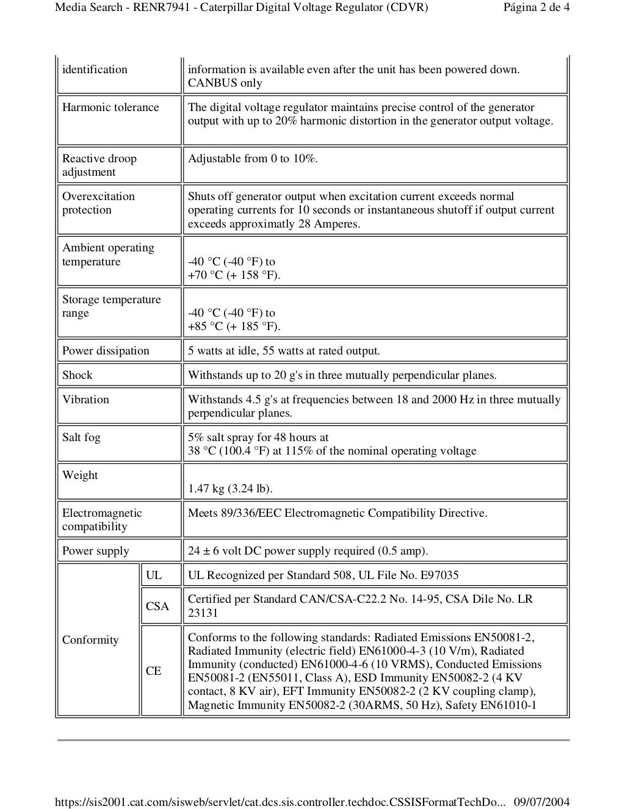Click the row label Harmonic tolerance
click(110, 107)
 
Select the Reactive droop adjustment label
click(99, 165)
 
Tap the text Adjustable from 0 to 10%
click(253, 159)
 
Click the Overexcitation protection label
click(98, 203)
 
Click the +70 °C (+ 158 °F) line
click(234, 275)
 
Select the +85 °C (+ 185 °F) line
click(234, 326)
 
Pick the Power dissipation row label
click(106, 351)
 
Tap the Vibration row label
click(85, 400)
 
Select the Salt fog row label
click(81, 437)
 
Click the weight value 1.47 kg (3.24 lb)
click(230, 489)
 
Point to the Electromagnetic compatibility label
click(101, 520)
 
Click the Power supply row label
click(96, 551)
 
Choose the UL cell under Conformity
click(154, 575)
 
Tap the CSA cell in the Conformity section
click(157, 606)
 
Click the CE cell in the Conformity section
click(154, 671)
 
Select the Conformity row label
click(90, 640)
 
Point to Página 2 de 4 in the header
click(536, 8)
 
